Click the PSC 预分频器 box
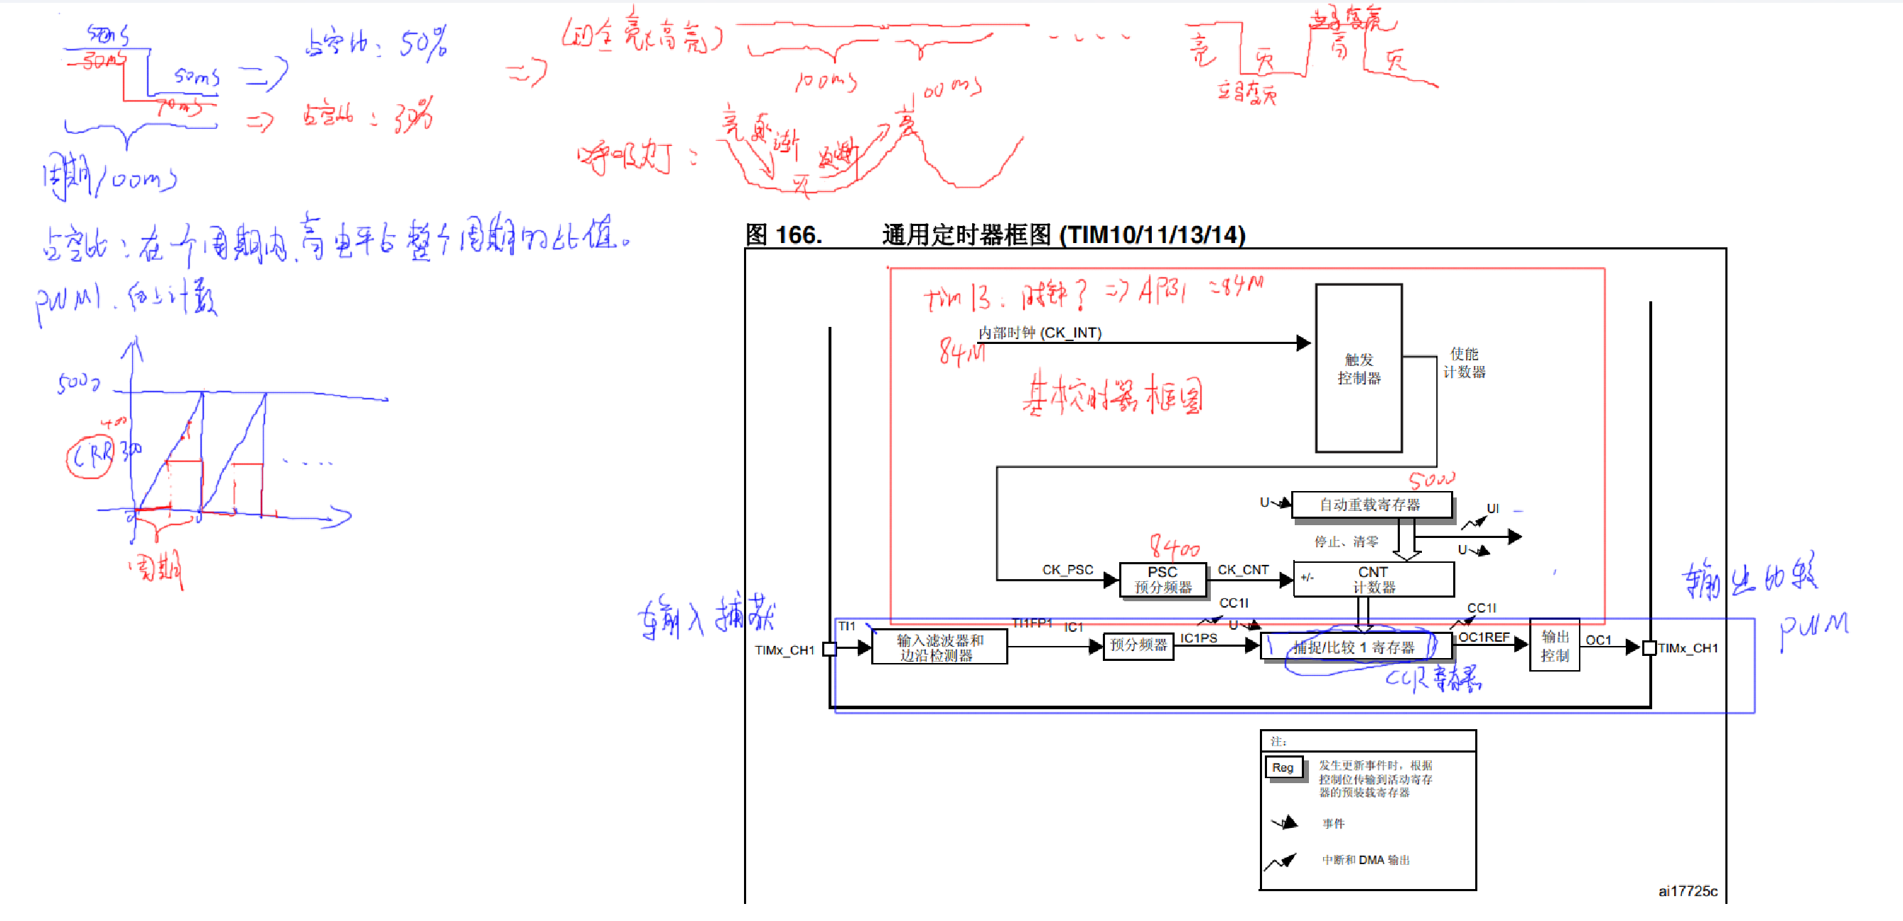(x=1162, y=580)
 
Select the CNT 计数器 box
(x=1374, y=580)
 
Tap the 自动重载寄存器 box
(x=1370, y=505)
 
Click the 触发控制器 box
(x=1358, y=369)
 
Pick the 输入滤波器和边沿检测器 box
(x=939, y=647)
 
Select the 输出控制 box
(x=1554, y=645)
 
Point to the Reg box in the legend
(x=1283, y=768)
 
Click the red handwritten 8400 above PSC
(x=1174, y=547)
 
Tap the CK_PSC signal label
(x=1067, y=570)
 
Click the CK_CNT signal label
(x=1243, y=570)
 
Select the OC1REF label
(x=1484, y=637)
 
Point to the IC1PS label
(x=1198, y=638)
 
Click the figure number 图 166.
(x=783, y=235)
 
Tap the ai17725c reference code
(x=1687, y=891)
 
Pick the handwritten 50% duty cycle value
(x=424, y=43)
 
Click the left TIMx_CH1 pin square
(x=829, y=650)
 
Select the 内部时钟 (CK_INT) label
(x=1040, y=333)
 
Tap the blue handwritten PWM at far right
(x=1813, y=629)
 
